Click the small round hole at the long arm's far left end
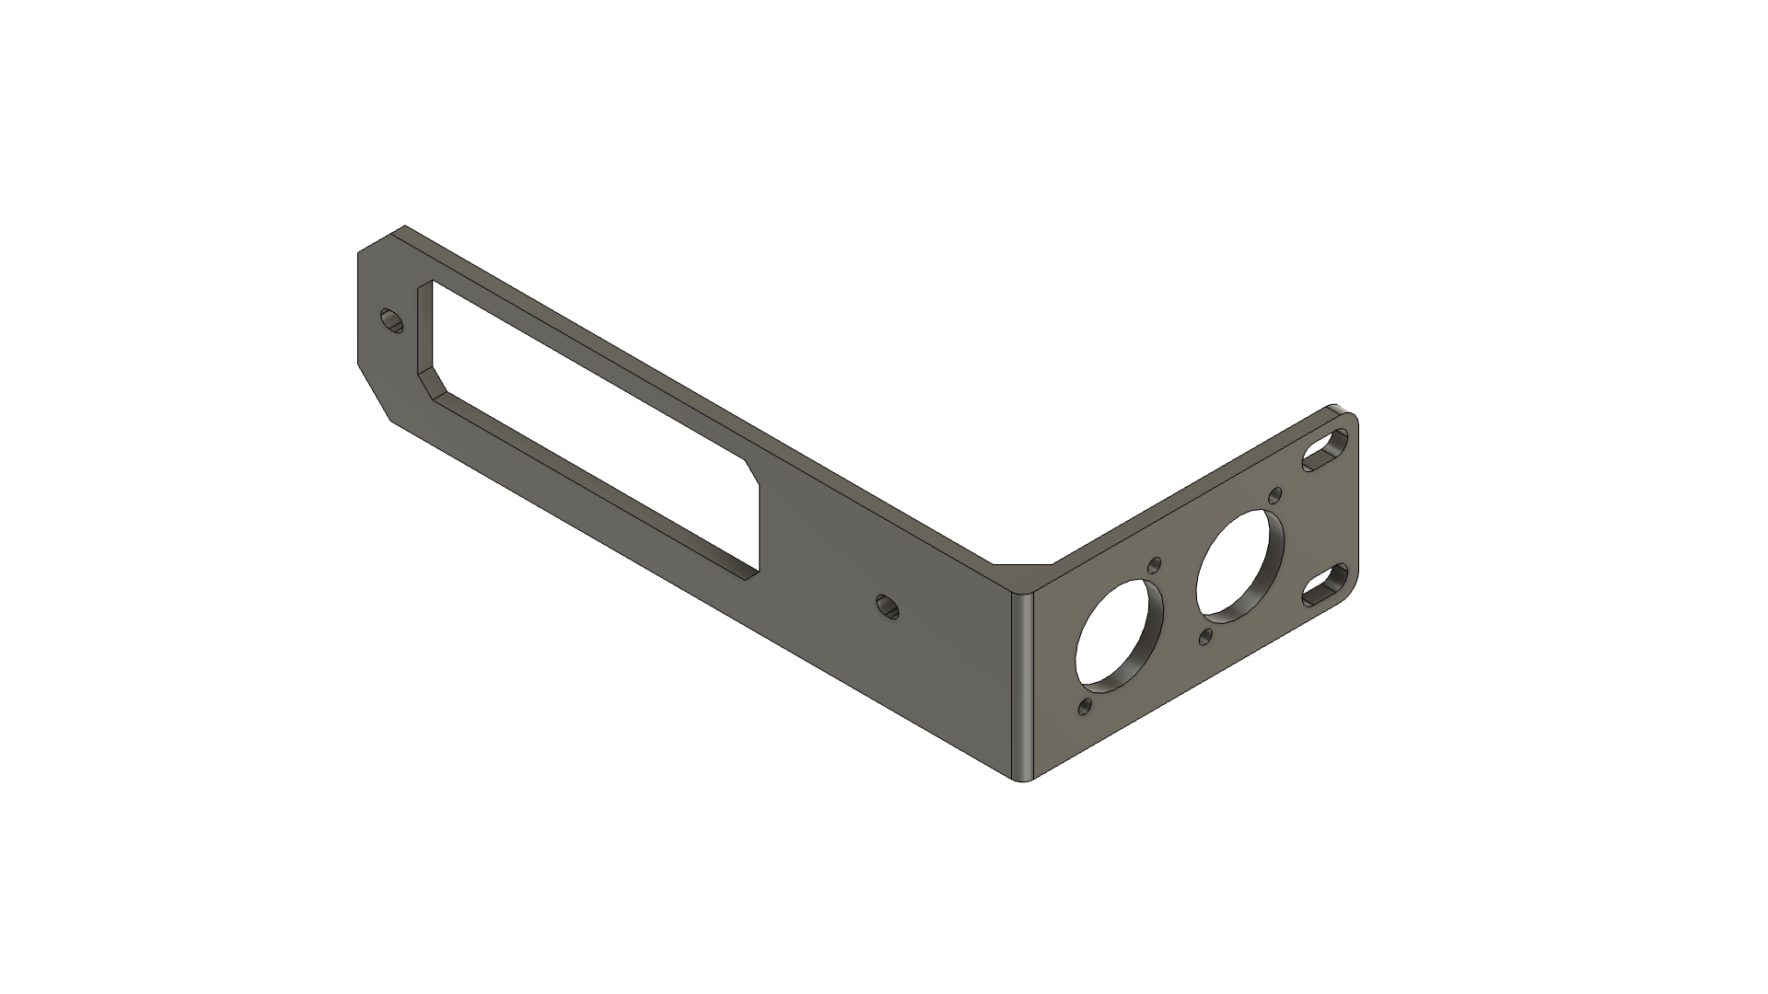393,321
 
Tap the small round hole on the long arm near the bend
888,607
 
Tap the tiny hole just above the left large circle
1155,565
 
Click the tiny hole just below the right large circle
1205,636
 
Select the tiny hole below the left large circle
1085,707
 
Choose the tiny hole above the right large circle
1275,495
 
